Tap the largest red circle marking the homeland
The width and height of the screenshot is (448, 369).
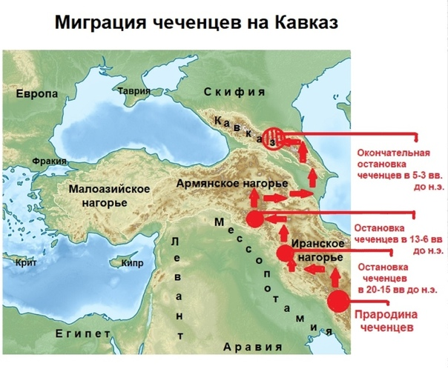click(x=339, y=301)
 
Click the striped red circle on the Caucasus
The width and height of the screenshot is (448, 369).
click(x=275, y=138)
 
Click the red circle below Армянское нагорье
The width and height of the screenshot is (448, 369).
click(x=254, y=219)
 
